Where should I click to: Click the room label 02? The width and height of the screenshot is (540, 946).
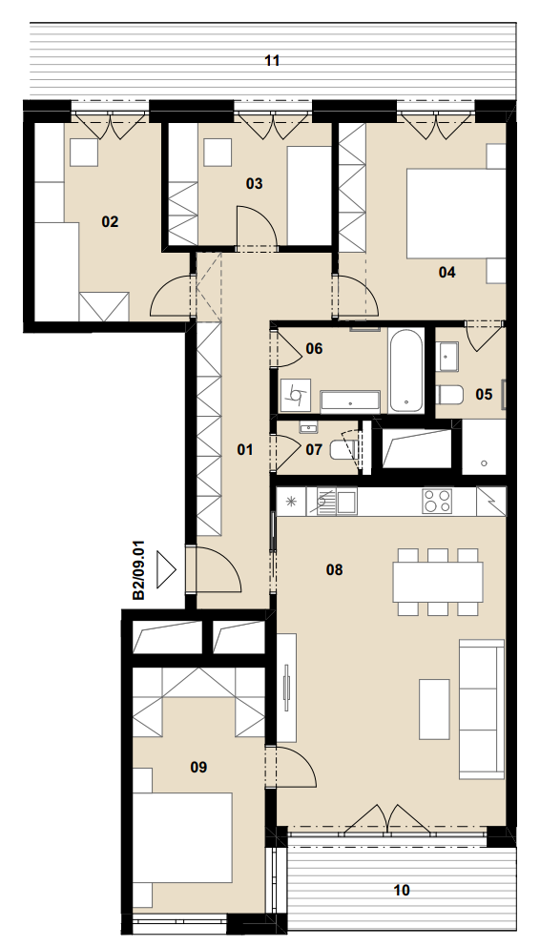pyautogui.click(x=110, y=222)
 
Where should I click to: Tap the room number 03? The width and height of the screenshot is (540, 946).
pyautogui.click(x=255, y=183)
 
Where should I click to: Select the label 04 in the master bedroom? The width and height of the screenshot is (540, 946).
pyautogui.click(x=447, y=272)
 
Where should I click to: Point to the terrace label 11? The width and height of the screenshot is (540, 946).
pyautogui.click(x=272, y=60)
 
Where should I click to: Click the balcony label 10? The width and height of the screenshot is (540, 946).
pyautogui.click(x=402, y=890)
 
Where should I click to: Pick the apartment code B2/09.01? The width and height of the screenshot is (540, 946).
pyautogui.click(x=139, y=570)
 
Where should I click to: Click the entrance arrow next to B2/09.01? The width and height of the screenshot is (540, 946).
pyautogui.click(x=166, y=569)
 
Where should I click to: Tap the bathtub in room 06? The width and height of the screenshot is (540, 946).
pyautogui.click(x=405, y=371)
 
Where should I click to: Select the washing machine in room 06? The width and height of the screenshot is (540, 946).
pyautogui.click(x=296, y=395)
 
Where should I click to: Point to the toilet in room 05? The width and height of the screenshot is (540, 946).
pyautogui.click(x=449, y=395)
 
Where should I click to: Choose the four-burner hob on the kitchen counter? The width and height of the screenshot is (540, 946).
pyautogui.click(x=437, y=501)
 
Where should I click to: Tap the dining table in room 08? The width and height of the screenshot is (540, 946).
pyautogui.click(x=438, y=582)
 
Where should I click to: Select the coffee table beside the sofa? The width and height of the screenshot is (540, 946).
pyautogui.click(x=434, y=709)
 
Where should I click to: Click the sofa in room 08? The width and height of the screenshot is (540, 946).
pyautogui.click(x=482, y=709)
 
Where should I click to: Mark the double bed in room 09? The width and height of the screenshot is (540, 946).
pyautogui.click(x=183, y=838)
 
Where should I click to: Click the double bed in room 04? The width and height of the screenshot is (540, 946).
pyautogui.click(x=455, y=214)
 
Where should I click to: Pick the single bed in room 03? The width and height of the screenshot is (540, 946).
pyautogui.click(x=309, y=195)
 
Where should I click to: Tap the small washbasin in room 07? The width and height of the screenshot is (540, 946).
pyautogui.click(x=308, y=428)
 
